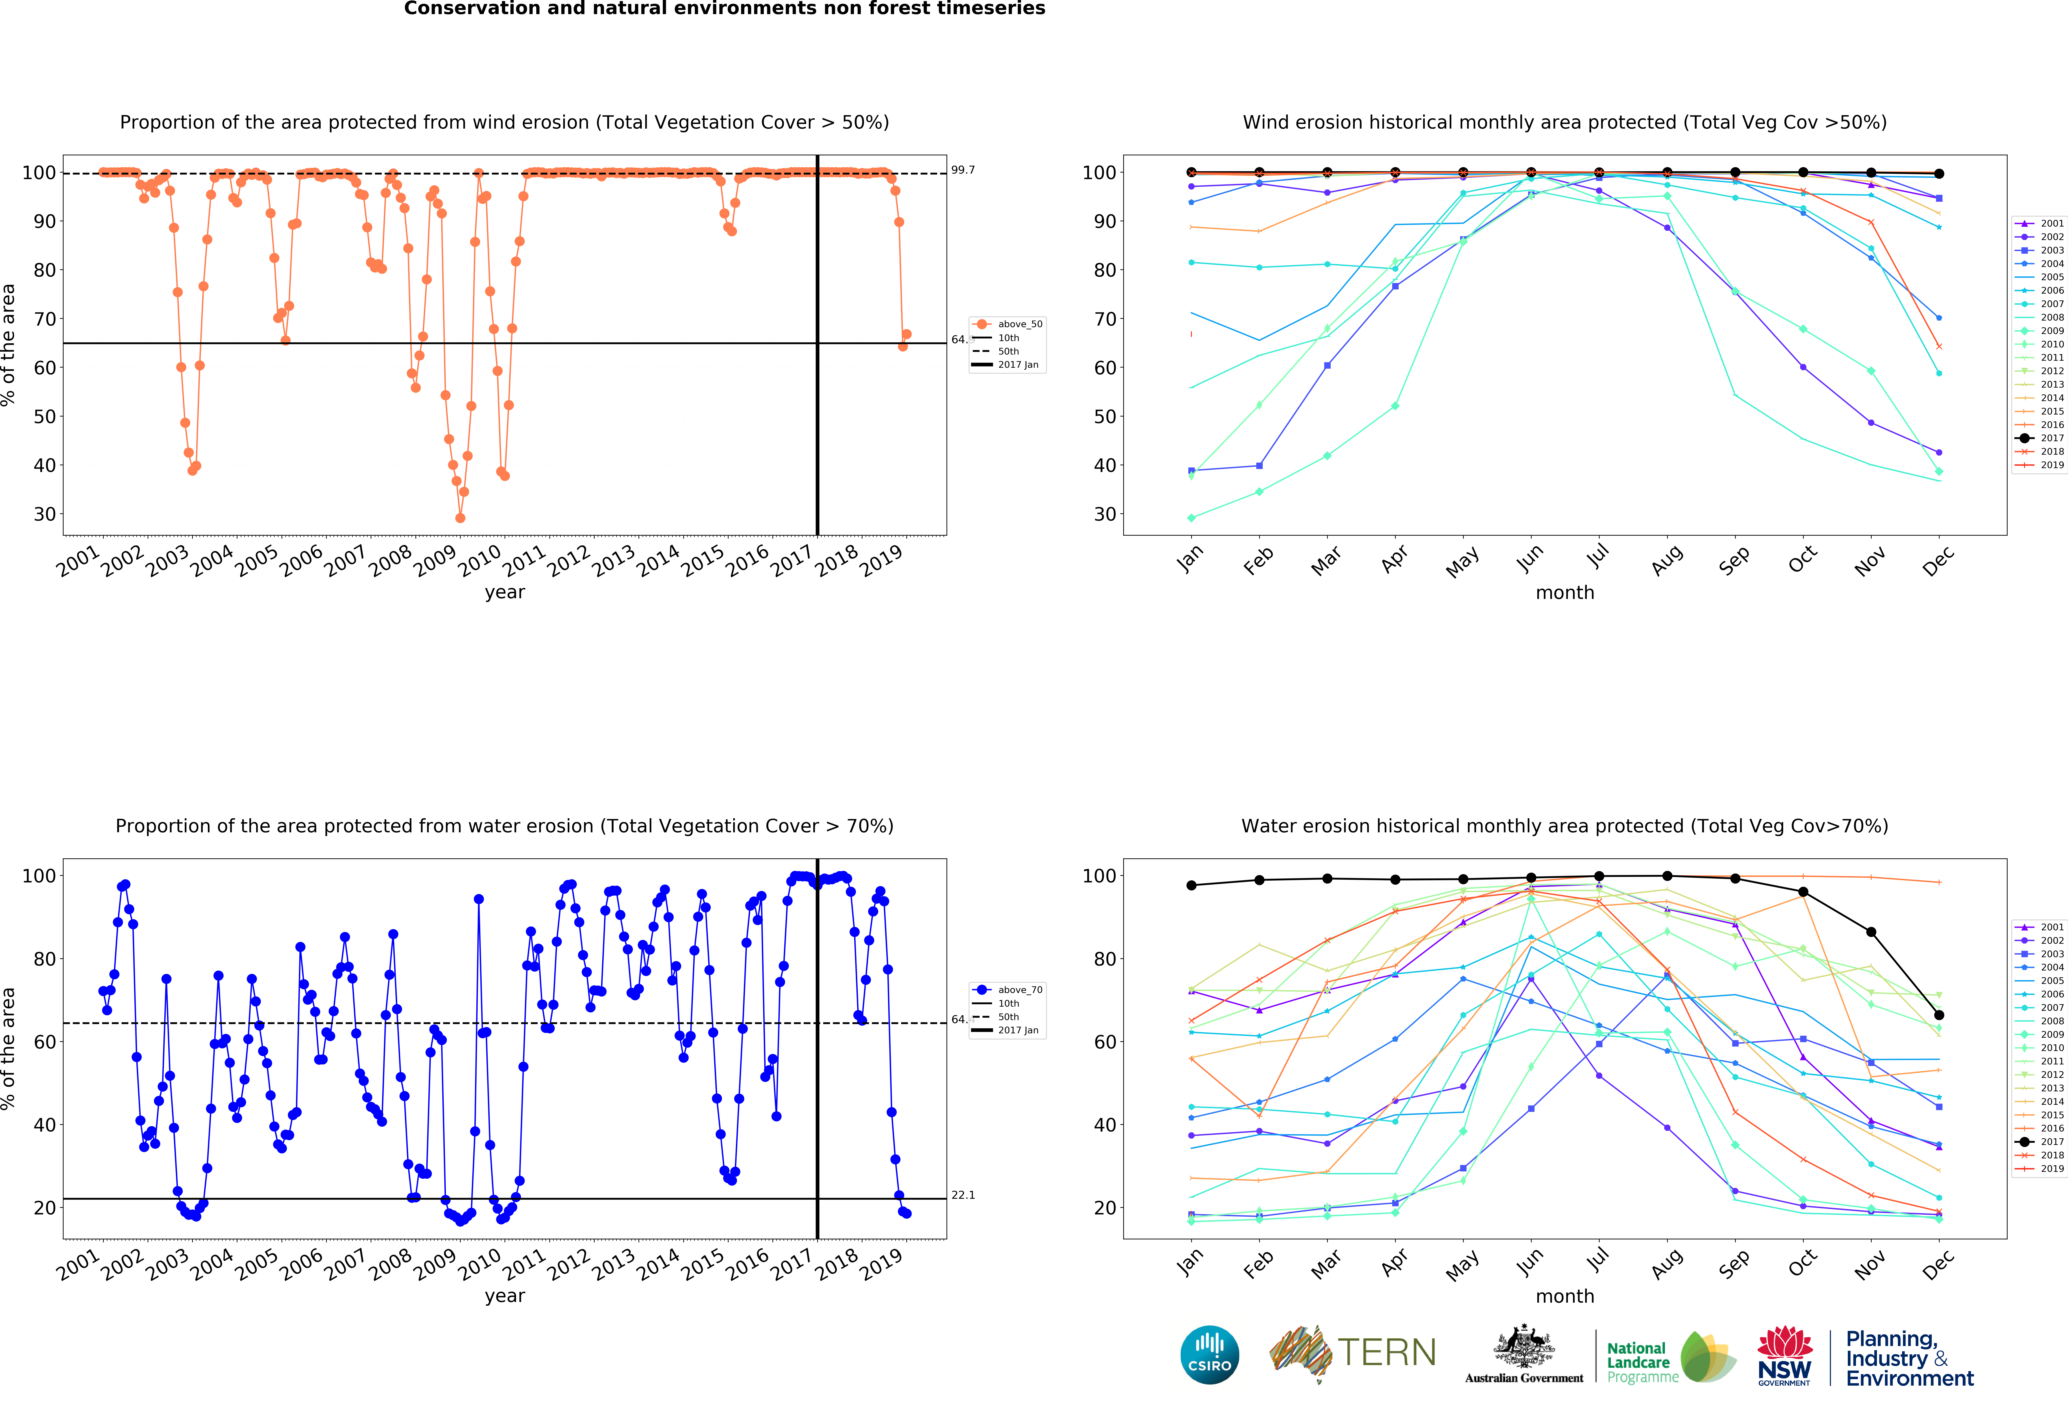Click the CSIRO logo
pos(1209,1355)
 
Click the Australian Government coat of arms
pos(1523,1348)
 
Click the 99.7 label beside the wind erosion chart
pos(963,170)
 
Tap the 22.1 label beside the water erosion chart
pos(963,1195)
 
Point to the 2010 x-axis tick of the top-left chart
pos(481,560)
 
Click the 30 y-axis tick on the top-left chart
pos(45,514)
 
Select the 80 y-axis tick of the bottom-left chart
pos(45,959)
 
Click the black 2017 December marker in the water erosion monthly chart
pos(1939,1015)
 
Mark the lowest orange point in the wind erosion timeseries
pos(460,518)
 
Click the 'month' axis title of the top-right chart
pos(1564,592)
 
